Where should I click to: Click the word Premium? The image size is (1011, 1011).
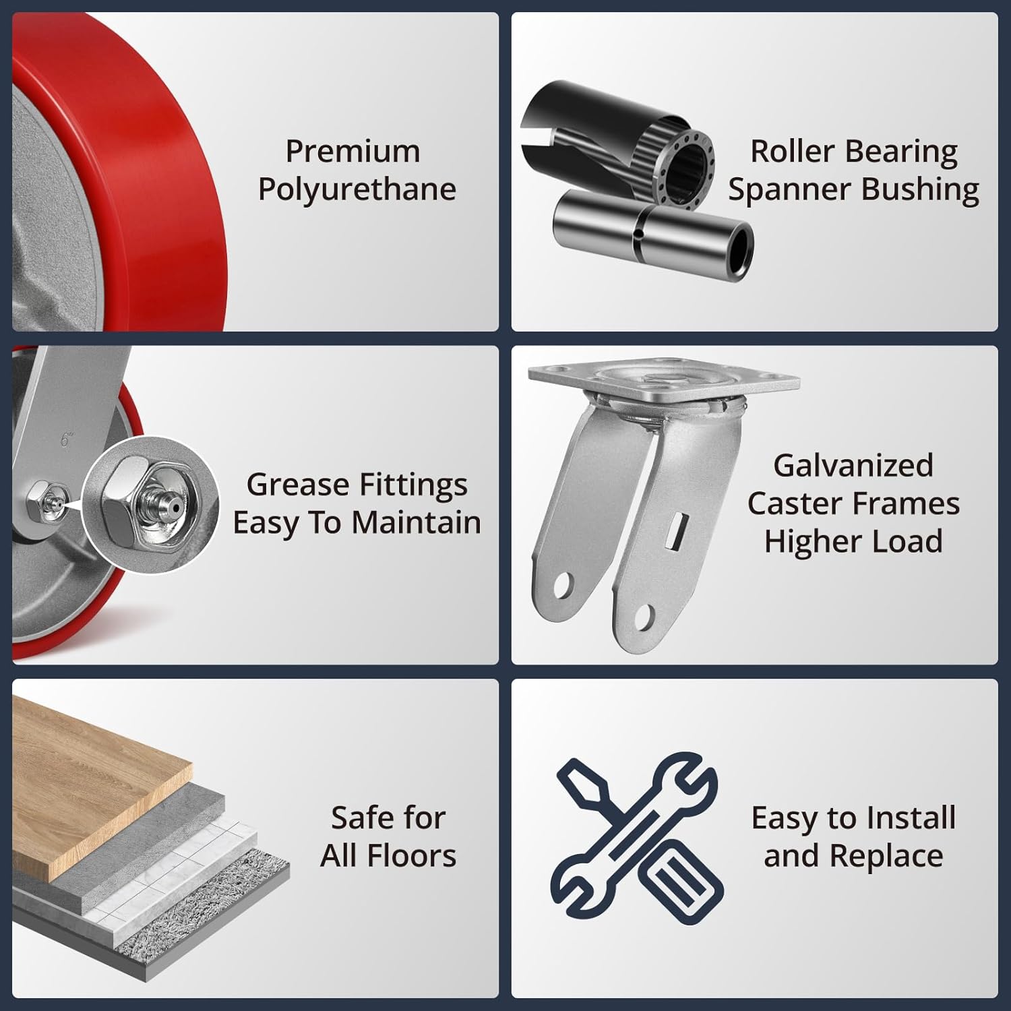pos(353,151)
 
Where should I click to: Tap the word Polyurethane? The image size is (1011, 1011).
pos(357,189)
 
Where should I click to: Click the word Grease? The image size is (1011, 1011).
pos(298,485)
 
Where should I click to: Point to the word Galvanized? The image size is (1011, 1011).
pos(853,466)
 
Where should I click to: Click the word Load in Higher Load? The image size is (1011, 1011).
pos(914,541)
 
